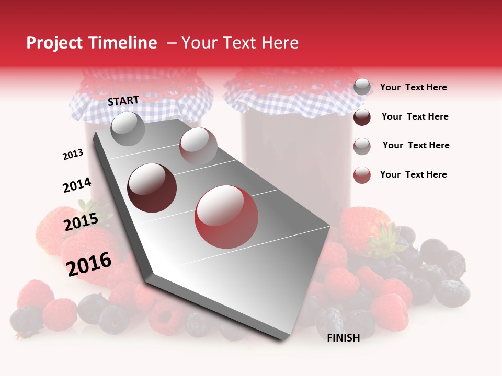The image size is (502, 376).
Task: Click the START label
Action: coord(123,101)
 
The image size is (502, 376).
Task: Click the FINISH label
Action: coord(343,338)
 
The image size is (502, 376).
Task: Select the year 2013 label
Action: coord(73,155)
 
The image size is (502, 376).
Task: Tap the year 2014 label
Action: coord(77,185)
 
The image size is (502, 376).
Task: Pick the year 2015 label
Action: coord(81,222)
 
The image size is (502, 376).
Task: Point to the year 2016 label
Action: coord(89,264)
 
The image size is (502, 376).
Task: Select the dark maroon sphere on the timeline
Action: coord(152,188)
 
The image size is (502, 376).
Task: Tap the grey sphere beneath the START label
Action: coord(128,129)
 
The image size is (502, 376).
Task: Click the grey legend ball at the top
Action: coord(362,87)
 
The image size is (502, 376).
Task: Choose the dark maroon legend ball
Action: coord(362,117)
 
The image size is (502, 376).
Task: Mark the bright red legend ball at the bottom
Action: coord(362,175)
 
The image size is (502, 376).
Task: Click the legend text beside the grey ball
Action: coord(413,88)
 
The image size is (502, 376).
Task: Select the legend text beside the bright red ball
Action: coord(413,174)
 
